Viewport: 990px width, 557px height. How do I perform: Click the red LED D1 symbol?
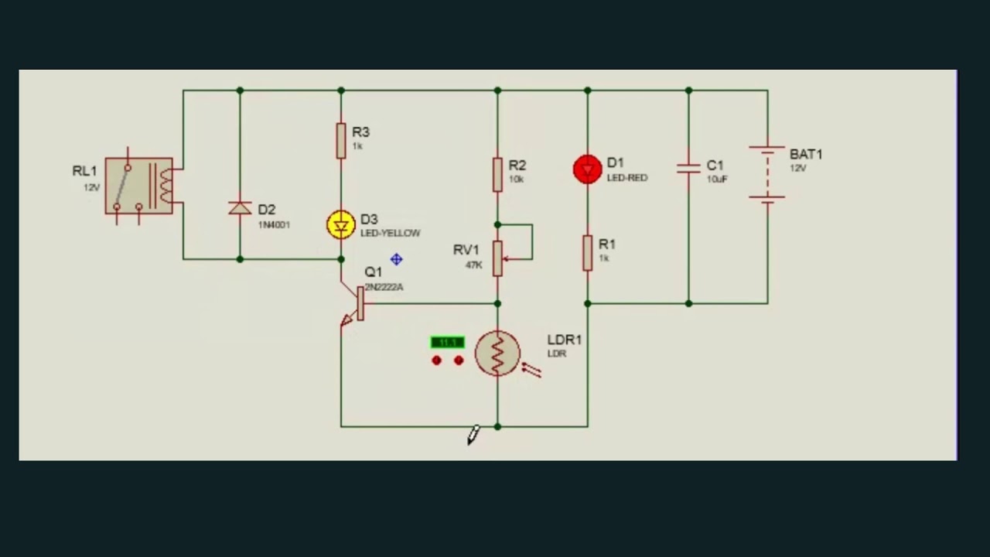pyautogui.click(x=587, y=169)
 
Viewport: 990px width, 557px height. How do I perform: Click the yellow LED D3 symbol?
pyautogui.click(x=341, y=225)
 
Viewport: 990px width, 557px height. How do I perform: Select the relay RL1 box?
pyautogui.click(x=139, y=186)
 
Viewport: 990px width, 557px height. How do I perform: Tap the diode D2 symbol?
pyautogui.click(x=240, y=208)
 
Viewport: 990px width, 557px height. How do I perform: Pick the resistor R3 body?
pyautogui.click(x=341, y=140)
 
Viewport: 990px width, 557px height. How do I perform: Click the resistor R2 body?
pyautogui.click(x=497, y=174)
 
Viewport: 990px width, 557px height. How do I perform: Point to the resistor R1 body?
pyautogui.click(x=587, y=253)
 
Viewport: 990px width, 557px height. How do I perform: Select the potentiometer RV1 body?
pyautogui.click(x=497, y=256)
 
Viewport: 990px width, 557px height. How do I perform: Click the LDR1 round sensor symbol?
pyautogui.click(x=497, y=354)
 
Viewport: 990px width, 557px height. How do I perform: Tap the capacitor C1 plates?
pyautogui.click(x=688, y=168)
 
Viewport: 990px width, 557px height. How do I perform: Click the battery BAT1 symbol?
pyautogui.click(x=767, y=175)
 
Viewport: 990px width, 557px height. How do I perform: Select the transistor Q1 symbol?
pyautogui.click(x=356, y=305)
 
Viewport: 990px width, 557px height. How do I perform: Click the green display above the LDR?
pyautogui.click(x=447, y=342)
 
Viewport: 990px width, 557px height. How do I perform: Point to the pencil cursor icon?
pyautogui.click(x=473, y=436)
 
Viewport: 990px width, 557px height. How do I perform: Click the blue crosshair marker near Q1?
pyautogui.click(x=396, y=260)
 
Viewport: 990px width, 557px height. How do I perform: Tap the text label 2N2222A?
pyautogui.click(x=384, y=287)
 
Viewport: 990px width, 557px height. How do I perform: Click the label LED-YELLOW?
pyautogui.click(x=391, y=233)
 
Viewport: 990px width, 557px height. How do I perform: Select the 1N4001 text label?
pyautogui.click(x=274, y=225)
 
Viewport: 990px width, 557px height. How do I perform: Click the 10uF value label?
pyautogui.click(x=717, y=179)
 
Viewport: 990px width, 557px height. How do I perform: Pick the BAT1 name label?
pyautogui.click(x=806, y=155)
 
